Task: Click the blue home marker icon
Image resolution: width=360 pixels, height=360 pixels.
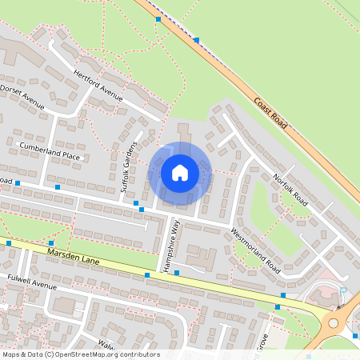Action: pos(180,172)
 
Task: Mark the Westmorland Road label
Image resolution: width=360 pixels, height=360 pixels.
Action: pos(254,247)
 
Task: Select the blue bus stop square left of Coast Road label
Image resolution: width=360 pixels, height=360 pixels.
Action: pos(197,39)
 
